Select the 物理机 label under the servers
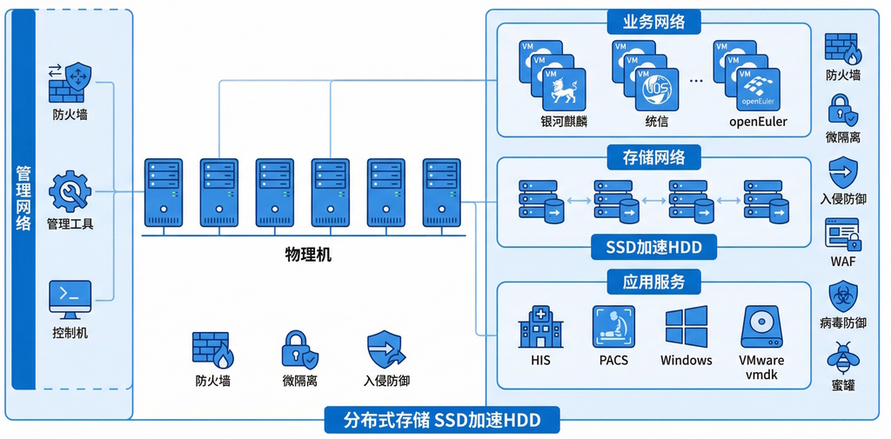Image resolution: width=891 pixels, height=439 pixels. point(308,256)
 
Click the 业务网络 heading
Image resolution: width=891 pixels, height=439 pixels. point(653,23)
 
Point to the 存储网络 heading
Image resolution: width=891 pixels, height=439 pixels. point(653,157)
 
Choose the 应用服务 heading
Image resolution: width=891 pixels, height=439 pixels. point(653,282)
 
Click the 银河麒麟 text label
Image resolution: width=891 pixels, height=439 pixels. point(564,122)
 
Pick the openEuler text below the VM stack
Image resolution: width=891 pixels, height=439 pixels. point(758,122)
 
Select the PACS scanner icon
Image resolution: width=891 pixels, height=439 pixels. point(613,327)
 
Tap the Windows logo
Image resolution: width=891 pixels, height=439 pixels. point(687,327)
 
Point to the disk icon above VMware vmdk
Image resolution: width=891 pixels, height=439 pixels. point(761,327)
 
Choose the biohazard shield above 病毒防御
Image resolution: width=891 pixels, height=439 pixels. point(843,296)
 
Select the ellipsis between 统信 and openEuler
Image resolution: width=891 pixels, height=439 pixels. point(696,80)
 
